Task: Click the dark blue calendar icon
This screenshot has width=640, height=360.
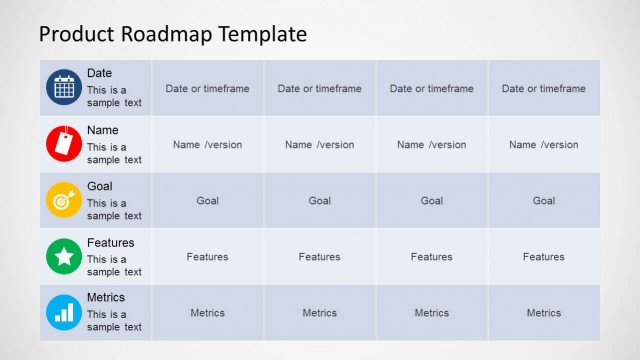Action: click(64, 88)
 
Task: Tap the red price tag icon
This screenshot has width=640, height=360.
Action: click(64, 144)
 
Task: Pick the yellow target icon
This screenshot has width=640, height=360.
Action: click(64, 200)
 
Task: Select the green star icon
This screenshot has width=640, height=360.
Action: click(64, 257)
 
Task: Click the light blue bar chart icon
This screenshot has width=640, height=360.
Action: click(64, 313)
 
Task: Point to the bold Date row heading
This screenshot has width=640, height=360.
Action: click(100, 73)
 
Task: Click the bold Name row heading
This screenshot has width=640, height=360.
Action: click(103, 130)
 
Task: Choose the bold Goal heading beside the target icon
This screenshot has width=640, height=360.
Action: click(100, 186)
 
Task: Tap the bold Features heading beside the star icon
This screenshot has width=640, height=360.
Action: click(110, 242)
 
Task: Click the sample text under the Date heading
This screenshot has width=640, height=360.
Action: click(114, 96)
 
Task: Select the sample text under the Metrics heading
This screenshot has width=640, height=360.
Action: click(114, 321)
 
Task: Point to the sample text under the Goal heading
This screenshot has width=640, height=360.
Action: click(114, 209)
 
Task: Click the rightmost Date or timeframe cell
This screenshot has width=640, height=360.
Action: click(544, 88)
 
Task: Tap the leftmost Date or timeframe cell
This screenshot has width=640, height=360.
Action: click(208, 88)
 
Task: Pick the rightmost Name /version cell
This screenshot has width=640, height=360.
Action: click(544, 144)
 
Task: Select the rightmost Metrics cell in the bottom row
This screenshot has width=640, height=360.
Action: click(544, 313)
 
